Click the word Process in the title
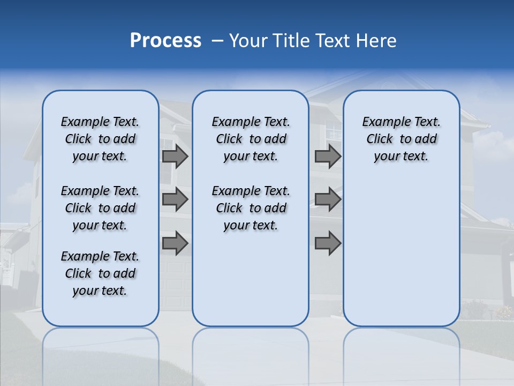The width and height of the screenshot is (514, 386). [x=165, y=41]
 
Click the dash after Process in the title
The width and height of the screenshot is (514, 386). [x=217, y=41]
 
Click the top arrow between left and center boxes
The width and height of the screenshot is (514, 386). [x=175, y=157]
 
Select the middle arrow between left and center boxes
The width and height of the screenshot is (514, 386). [x=175, y=200]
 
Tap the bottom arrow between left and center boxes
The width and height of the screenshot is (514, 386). [x=175, y=243]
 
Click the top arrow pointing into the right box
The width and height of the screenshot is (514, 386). [x=328, y=157]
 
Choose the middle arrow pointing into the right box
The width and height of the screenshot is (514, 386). [x=328, y=200]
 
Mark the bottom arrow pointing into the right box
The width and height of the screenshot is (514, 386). [x=328, y=243]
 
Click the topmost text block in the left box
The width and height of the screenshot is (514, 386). [x=100, y=139]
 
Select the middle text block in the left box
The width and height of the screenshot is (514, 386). [x=100, y=208]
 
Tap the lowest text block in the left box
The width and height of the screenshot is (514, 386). [x=100, y=273]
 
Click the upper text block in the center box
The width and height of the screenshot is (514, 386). [x=251, y=139]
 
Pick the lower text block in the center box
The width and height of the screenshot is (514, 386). [x=251, y=208]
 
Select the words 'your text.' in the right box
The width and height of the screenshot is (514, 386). [x=401, y=157]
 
